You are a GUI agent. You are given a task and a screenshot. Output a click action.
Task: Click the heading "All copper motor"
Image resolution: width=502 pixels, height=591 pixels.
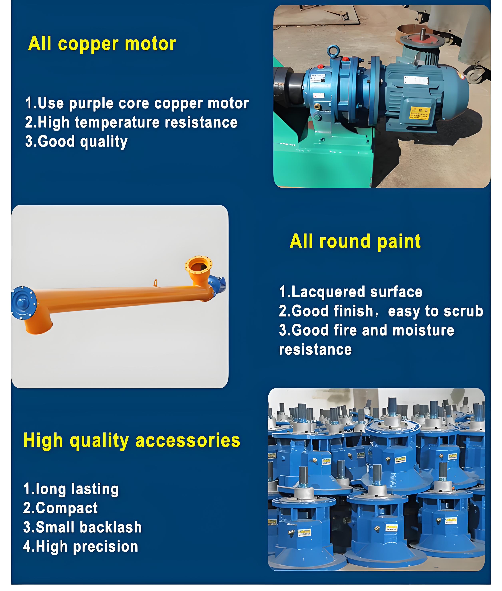pyautogui.click(x=102, y=44)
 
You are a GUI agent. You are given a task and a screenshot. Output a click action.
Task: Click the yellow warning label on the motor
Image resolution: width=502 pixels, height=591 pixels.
pyautogui.click(x=420, y=113)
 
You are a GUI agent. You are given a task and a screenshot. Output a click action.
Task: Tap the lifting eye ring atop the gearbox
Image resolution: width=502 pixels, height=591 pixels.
pyautogui.click(x=333, y=51)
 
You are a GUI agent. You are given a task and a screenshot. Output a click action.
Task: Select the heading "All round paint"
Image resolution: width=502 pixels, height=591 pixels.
pyautogui.click(x=355, y=241)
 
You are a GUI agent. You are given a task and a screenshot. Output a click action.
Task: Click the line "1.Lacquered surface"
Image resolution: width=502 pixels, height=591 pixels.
pyautogui.click(x=351, y=292)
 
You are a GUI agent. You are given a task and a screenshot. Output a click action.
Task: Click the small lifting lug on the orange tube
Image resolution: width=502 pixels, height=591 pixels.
pyautogui.click(x=155, y=283)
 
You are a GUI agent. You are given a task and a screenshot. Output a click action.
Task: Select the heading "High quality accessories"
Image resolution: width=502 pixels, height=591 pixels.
pyautogui.click(x=132, y=441)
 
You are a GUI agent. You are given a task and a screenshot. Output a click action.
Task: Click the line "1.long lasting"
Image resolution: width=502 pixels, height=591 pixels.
pyautogui.click(x=71, y=489)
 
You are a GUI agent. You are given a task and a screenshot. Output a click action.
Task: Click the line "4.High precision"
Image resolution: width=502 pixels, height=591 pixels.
pyautogui.click(x=81, y=547)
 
